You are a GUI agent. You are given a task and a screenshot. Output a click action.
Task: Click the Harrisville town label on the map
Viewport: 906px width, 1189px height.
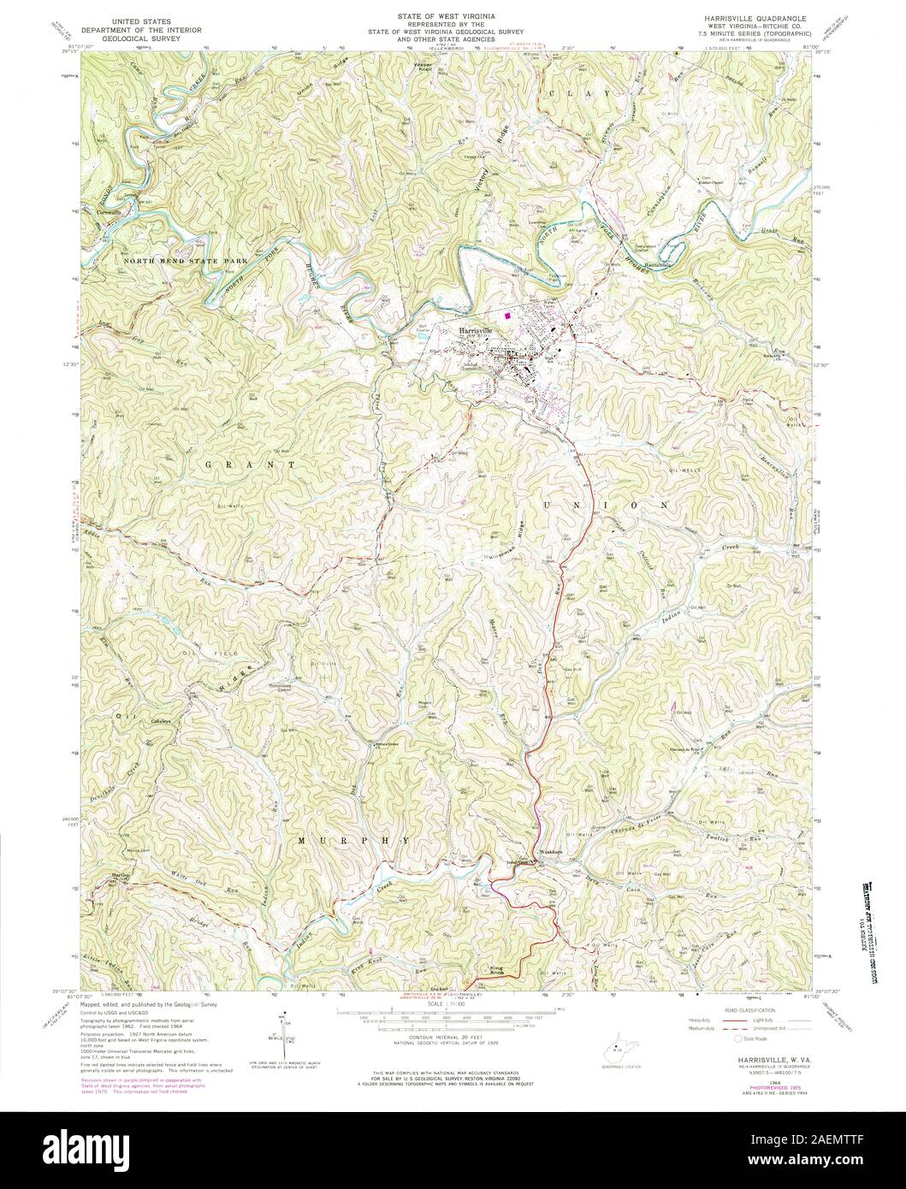pos(476,330)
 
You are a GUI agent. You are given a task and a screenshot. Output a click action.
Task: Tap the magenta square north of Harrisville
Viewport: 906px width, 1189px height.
pos(508,315)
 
